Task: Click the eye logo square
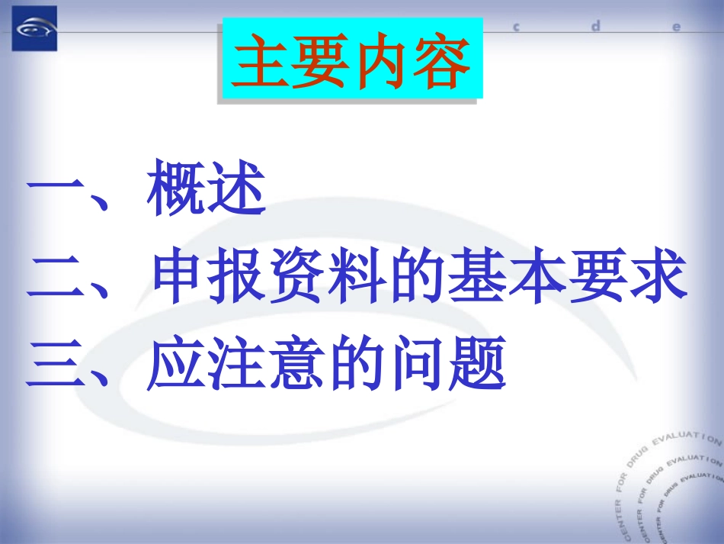tap(34, 28)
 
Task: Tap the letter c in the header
tap(516, 27)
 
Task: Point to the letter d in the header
tap(596, 26)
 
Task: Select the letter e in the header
tap(675, 27)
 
